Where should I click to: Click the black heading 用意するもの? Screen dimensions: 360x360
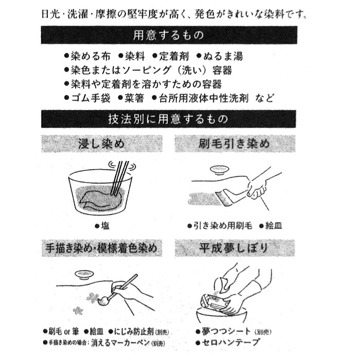(169, 35)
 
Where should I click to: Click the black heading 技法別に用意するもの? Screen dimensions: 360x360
(169, 119)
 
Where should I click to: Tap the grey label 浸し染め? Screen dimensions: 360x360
(102, 143)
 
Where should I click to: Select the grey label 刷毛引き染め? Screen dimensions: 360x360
(235, 143)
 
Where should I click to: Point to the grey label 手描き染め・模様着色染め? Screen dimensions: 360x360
(102, 248)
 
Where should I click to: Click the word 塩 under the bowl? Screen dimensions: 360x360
(105, 226)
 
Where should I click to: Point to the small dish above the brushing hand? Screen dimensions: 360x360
(219, 170)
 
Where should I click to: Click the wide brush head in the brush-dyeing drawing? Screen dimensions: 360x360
(224, 197)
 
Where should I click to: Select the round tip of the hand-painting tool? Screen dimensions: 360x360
(103, 300)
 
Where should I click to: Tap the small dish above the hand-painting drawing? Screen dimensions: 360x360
(84, 275)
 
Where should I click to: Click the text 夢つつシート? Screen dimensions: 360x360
(226, 331)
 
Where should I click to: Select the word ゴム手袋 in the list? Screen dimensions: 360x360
(91, 98)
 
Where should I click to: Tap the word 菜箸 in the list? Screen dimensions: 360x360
(134, 98)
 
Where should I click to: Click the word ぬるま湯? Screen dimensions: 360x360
(223, 56)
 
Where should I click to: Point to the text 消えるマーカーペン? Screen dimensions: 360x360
(120, 343)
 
